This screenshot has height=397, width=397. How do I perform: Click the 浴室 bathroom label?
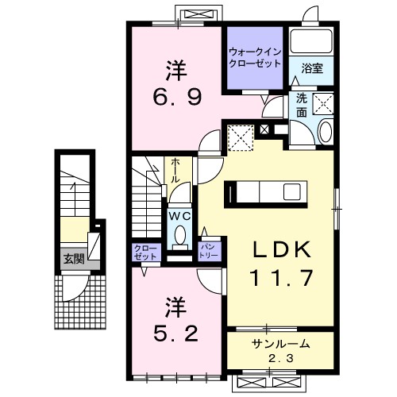tap(312, 69)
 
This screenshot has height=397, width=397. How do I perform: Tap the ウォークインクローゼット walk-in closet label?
tap(255, 58)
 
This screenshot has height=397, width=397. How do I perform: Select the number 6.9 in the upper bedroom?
tap(177, 97)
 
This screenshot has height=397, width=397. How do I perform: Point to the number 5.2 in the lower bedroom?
tap(175, 333)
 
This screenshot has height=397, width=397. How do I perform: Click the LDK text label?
tap(282, 250)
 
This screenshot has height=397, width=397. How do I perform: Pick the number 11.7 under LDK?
tap(283, 278)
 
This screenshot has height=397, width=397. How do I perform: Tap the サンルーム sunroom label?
tap(280, 344)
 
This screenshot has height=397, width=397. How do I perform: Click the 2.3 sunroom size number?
tap(281, 359)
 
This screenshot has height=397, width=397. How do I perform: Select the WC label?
tap(180, 217)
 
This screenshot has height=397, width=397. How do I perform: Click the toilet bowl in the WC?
tap(180, 234)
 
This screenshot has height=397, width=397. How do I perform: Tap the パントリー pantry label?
tap(210, 251)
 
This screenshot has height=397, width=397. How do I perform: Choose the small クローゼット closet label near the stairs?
tap(146, 252)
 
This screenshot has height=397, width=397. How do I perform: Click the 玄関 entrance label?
tap(74, 259)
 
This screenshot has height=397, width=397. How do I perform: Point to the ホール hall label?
tap(175, 172)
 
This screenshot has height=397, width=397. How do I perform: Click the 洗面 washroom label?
tap(302, 106)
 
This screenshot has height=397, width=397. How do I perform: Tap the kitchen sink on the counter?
tap(292, 192)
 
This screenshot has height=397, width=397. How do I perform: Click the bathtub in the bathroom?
tap(311, 41)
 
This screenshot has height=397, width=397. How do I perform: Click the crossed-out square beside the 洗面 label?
tap(323, 104)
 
